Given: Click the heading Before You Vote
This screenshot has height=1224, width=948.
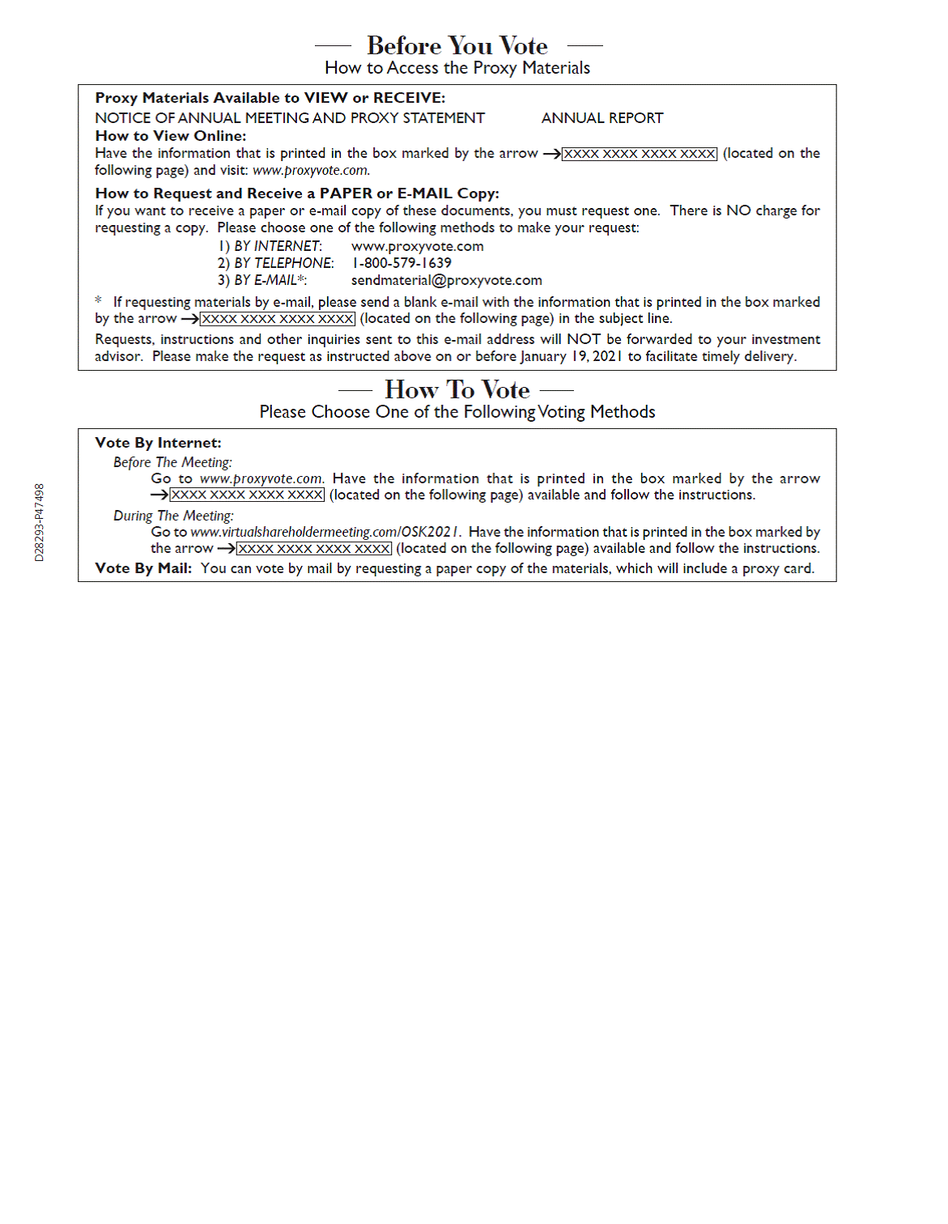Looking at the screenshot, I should pos(457,45).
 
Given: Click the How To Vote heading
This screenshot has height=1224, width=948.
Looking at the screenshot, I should pos(457,389).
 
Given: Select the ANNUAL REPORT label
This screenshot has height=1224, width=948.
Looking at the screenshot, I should pos(602,118).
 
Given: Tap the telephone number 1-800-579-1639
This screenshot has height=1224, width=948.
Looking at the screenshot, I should pos(402,263).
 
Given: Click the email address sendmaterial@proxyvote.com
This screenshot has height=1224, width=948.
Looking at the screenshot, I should pos(446,280).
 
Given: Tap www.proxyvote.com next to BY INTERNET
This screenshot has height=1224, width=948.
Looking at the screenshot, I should pos(417,246).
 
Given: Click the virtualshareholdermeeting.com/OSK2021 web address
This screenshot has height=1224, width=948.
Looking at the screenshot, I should pos(325,532).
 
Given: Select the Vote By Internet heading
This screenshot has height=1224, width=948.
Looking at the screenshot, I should pos(158,443).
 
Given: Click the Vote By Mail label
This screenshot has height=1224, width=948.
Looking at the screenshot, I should pos(142,568).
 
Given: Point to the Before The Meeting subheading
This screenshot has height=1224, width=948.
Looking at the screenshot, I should pos(172,462).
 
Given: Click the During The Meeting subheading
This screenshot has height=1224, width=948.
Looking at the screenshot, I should pos(173,516).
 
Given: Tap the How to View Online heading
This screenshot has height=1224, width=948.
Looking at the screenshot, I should pos(170,136).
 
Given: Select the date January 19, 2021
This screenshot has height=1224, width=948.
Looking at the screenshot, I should pos(571,356).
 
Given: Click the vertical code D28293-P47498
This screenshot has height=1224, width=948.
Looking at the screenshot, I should pos(39,522).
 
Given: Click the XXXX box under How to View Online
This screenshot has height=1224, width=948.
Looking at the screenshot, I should pos(640,154).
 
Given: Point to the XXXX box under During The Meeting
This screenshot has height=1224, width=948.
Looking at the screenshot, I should pos(314,549).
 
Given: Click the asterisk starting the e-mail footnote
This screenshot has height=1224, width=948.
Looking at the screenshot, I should pos(99,301).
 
